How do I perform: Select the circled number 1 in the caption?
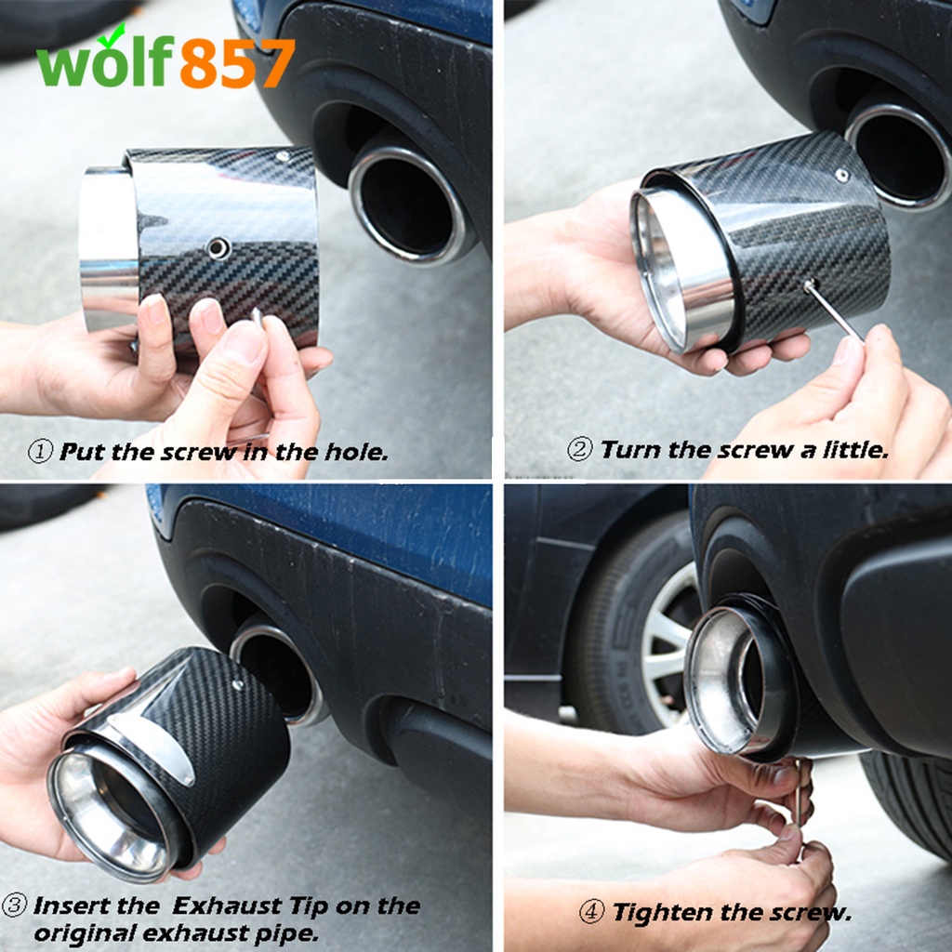click(x=40, y=452)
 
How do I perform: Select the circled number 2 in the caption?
click(x=579, y=450)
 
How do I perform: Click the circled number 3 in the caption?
click(x=14, y=906)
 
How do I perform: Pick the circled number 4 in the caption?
click(x=591, y=912)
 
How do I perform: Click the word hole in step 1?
click(x=356, y=452)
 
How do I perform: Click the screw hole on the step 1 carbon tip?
click(x=218, y=247)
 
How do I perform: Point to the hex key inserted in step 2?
click(x=835, y=311)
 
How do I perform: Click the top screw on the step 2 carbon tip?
click(x=842, y=176)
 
